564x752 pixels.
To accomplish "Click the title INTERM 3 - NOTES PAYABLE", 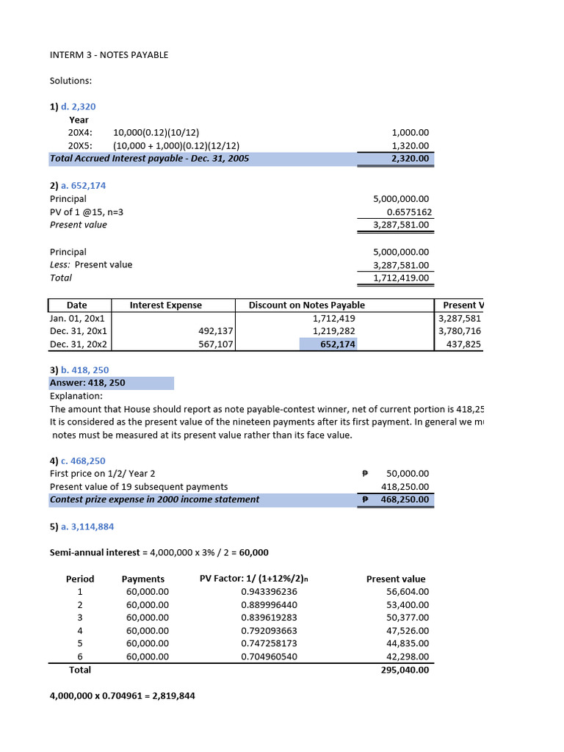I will (109, 55).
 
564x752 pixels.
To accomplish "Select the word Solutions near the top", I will (70, 81).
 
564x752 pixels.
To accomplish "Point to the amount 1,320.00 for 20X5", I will (411, 146).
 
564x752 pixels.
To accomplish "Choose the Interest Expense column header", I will (165, 305).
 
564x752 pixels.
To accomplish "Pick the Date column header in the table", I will (77, 305).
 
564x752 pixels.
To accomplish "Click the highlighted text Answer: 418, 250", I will (87, 383).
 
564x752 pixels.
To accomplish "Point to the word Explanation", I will (76, 396).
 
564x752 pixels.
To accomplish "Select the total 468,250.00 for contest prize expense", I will (405, 500).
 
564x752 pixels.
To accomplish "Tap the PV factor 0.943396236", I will (269, 592).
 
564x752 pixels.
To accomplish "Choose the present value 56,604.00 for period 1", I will (408, 592).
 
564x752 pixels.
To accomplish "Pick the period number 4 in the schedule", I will (80, 631).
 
